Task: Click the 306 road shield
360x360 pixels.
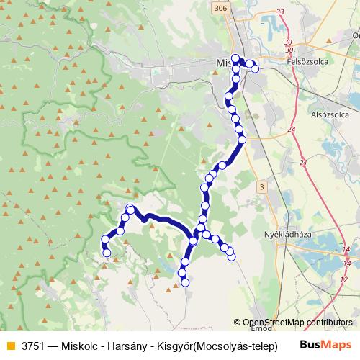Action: pos(220,7)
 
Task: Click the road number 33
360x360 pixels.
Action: pos(280,12)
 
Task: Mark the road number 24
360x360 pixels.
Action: pos(292,129)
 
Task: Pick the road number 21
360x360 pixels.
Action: pos(303,162)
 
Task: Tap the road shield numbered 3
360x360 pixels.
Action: pos(261,186)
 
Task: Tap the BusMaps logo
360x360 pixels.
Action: pos(325,344)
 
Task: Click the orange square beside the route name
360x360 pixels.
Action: pos(9,345)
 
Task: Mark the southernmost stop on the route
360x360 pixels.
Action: pos(185,283)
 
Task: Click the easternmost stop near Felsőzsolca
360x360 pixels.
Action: pos(255,69)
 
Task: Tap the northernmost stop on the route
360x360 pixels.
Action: pos(235,57)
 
